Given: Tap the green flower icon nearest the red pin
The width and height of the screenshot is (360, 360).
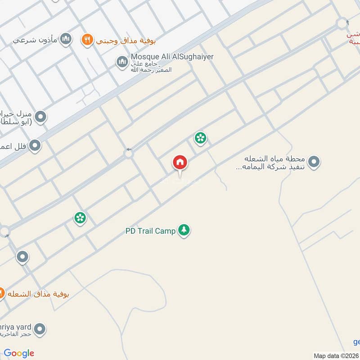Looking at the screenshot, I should pos(200,138).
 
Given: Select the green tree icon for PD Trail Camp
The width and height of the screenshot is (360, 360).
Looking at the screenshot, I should pos(184,230).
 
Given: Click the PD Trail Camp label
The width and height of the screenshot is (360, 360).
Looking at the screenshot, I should pos(150,231).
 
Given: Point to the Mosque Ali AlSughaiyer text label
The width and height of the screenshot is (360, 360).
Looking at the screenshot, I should pos(171,57).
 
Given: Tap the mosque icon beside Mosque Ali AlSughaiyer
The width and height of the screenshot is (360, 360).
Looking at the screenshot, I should pos(121,62).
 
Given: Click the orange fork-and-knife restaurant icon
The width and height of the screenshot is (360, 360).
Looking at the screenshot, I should pos(87,40).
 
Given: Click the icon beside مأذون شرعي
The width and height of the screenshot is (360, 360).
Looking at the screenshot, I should pos(66,40).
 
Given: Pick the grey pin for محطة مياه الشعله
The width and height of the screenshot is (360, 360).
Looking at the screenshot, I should pos(314,162).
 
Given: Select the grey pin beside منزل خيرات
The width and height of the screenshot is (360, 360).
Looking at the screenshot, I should pos(40,117).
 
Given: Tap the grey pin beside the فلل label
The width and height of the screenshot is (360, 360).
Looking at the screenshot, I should pos(35,145).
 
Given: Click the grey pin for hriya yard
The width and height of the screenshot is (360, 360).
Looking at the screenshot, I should pos(40,329).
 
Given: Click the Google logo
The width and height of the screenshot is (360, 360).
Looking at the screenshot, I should pos(19,353).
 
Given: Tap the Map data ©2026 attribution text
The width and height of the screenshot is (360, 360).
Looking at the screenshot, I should pos(335,355).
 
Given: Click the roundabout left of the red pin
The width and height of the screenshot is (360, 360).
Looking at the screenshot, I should pos(129,154).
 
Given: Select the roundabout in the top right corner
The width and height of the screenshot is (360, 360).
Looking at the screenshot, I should pos(342,23).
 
